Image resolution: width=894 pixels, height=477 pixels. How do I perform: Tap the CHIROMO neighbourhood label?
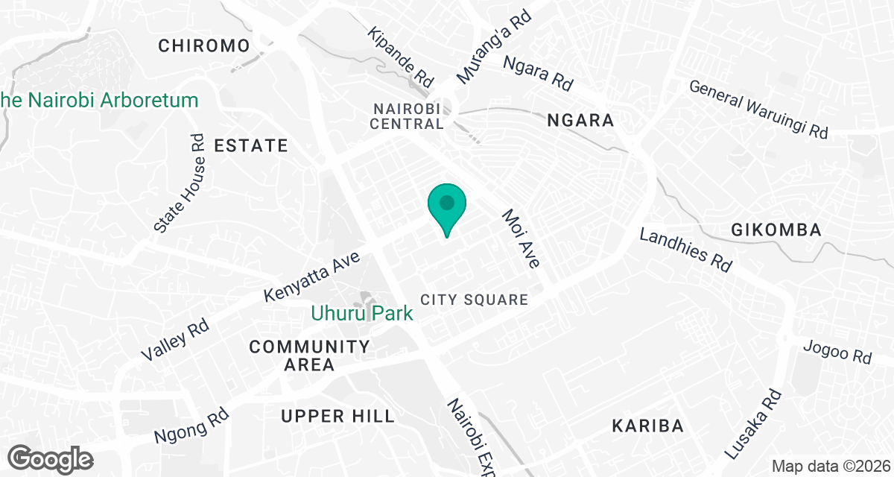tap(203, 46)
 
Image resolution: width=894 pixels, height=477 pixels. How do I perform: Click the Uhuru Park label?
tap(362, 314)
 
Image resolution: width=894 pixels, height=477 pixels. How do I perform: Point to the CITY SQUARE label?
tap(474, 300)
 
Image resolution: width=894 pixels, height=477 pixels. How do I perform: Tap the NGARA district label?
tap(580, 120)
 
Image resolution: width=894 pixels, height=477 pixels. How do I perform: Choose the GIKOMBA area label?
tap(776, 230)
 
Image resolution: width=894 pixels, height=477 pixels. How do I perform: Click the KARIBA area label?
tap(647, 426)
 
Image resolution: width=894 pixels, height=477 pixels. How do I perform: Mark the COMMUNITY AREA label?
tap(309, 356)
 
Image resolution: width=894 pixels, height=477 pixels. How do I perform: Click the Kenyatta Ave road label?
tap(312, 277)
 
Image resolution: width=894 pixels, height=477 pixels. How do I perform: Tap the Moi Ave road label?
tap(521, 238)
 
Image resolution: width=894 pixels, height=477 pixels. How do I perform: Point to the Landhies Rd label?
tap(686, 250)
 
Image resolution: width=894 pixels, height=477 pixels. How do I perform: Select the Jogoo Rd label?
tap(838, 352)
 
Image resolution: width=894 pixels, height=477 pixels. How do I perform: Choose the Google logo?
tap(51, 458)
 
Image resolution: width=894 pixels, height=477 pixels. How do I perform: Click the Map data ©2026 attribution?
tap(829, 467)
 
